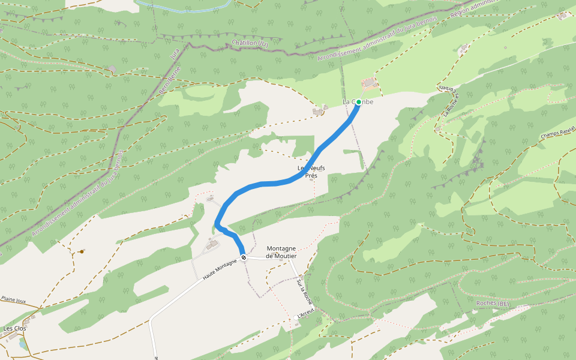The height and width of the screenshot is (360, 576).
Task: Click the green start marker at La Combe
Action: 359,103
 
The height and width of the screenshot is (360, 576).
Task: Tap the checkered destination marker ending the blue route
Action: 244,258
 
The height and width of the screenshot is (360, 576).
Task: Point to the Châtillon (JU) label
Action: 250,43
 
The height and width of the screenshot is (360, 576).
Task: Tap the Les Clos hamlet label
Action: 14,329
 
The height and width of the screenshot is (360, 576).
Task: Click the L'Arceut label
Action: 306,314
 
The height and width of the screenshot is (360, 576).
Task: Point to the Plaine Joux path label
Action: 13,298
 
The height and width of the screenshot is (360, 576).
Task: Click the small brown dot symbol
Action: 81,252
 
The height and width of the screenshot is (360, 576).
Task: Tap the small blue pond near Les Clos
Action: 23,344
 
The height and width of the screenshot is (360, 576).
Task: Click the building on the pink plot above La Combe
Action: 370,83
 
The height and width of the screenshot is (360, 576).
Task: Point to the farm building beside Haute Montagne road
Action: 212,244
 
